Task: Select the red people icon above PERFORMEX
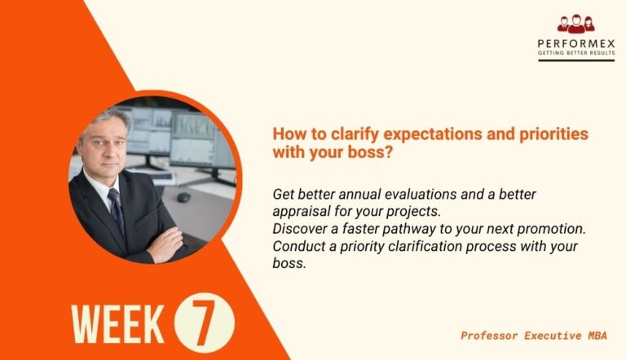coord(575,24)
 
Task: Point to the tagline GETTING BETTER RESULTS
coord(575,53)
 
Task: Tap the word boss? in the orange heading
coord(365,151)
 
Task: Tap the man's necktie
coord(117,213)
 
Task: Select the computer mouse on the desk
coord(184,197)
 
